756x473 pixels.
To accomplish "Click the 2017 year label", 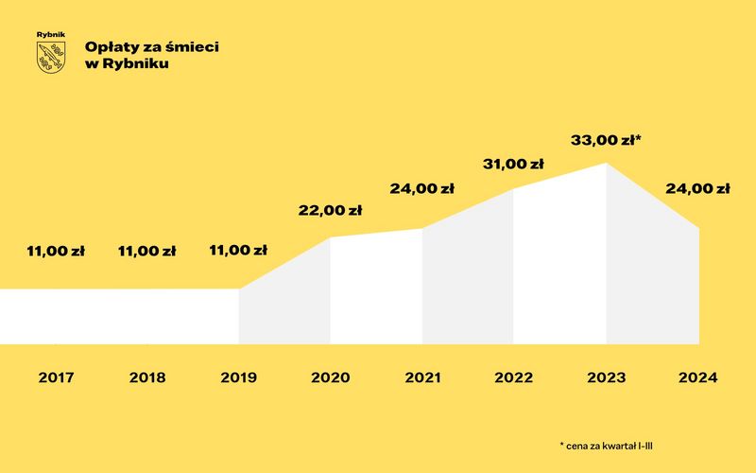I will click(56, 377).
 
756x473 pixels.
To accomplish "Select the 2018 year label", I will click(146, 377).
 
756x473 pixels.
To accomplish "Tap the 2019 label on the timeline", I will click(238, 377).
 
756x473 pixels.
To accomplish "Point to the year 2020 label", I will click(330, 377).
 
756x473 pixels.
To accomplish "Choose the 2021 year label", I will click(421, 377).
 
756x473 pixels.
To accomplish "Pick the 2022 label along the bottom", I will click(513, 377).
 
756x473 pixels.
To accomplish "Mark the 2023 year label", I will click(606, 377).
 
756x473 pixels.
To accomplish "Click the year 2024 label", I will click(697, 377).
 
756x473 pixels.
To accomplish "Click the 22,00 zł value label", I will click(330, 211).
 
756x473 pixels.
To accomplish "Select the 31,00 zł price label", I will click(513, 164).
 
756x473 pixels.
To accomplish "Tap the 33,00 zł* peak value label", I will click(606, 141).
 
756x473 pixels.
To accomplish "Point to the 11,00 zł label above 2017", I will click(56, 252).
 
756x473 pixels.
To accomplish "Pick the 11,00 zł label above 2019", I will click(238, 252).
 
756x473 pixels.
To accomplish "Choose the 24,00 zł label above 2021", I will click(421, 188).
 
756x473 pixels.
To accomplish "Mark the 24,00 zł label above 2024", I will click(697, 188).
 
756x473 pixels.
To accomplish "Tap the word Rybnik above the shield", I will click(51, 35).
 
